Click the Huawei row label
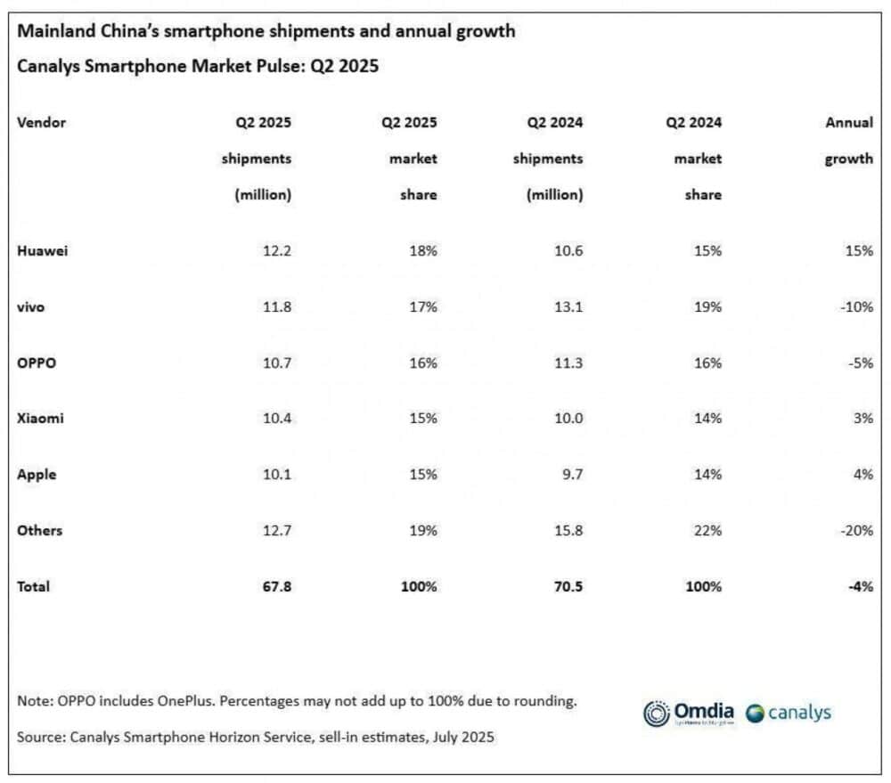[x=42, y=250]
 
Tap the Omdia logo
[x=689, y=713]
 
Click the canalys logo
[x=788, y=713]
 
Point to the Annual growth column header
[x=848, y=141]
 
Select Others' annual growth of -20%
[x=855, y=530]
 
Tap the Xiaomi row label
[x=41, y=418]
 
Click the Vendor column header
[x=41, y=122]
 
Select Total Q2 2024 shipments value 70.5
[x=565, y=586]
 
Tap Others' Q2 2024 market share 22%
[x=708, y=530]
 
